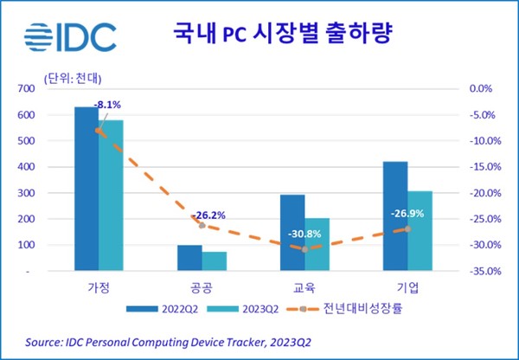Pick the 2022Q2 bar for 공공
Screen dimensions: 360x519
click(x=189, y=258)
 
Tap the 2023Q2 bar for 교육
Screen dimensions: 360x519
click(x=317, y=244)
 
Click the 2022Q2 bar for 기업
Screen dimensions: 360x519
click(x=395, y=216)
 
